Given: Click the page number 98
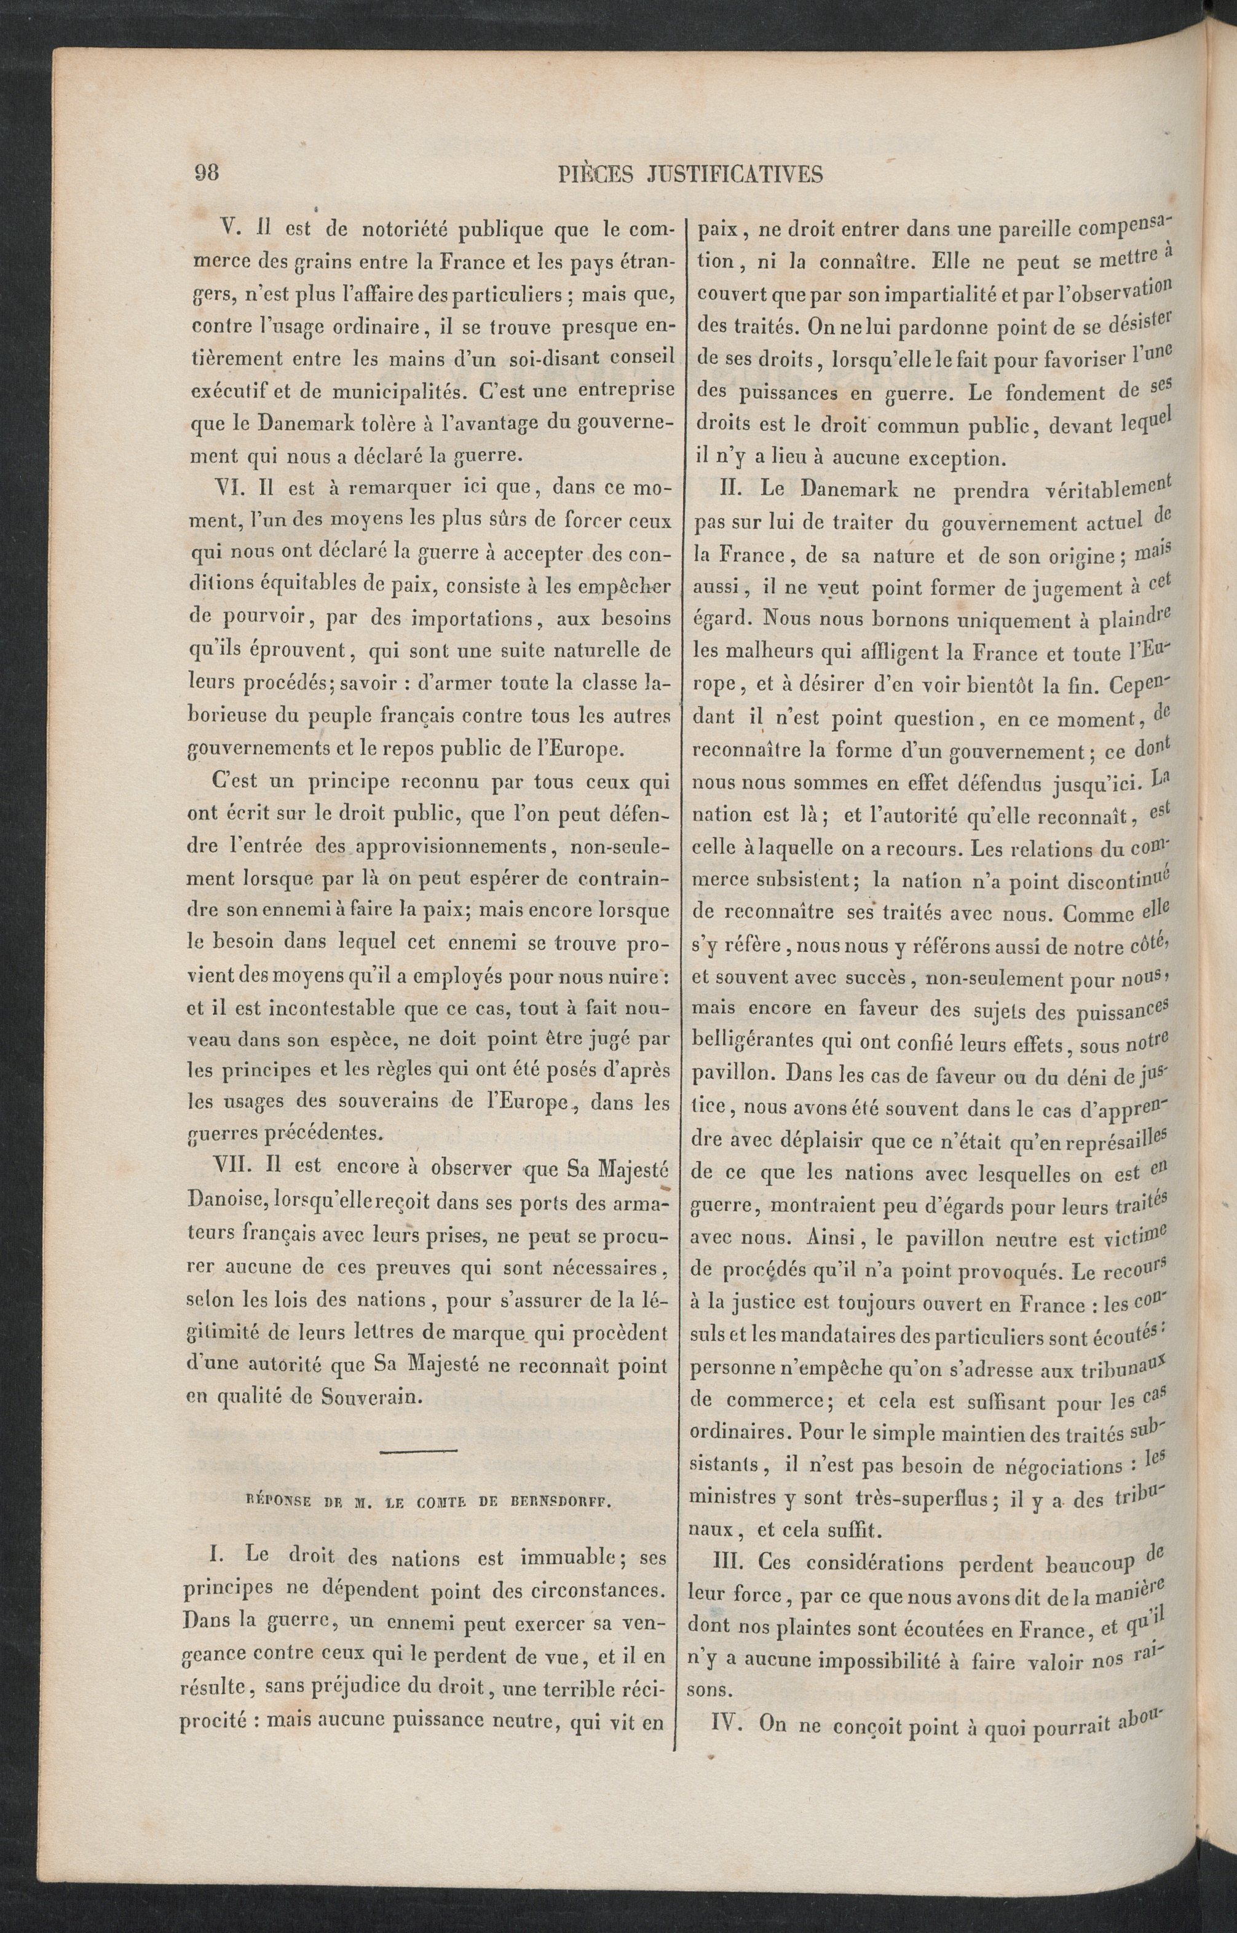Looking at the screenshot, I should tap(207, 172).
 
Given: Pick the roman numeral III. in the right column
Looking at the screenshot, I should tap(729, 1563).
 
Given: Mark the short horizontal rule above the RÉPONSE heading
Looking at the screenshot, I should tap(417, 1449).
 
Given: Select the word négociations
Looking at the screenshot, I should tap(1062, 1466).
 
